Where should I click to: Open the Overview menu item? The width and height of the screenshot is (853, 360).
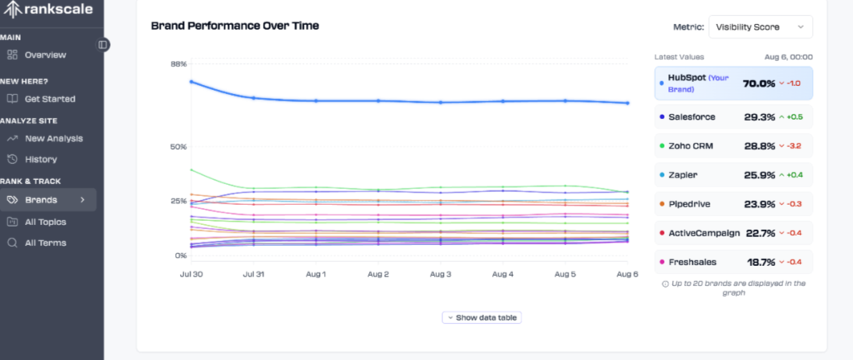[x=45, y=55]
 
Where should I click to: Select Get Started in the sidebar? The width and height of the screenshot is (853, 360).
[x=49, y=98]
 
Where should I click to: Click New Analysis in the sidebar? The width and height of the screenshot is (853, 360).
[x=53, y=138]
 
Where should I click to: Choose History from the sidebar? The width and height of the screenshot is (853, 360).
[x=41, y=159]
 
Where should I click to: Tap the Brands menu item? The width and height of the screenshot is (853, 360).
[x=41, y=200]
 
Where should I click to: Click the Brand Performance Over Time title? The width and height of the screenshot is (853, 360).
[x=234, y=26]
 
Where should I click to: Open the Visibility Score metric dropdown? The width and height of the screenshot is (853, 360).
[x=760, y=27]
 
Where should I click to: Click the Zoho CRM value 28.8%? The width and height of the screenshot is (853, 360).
[x=759, y=146]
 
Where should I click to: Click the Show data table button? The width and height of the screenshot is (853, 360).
[x=482, y=317]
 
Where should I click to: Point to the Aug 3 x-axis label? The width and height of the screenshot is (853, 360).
[x=441, y=273]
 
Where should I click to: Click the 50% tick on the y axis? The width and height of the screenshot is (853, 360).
[x=178, y=147]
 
